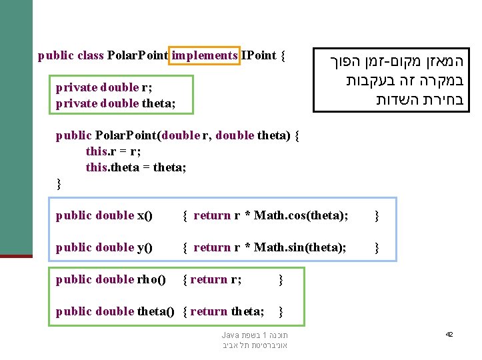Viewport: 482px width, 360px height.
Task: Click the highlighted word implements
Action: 204,56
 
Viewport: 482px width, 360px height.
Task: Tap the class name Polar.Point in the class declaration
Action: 137,56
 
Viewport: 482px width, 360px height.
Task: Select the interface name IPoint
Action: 259,56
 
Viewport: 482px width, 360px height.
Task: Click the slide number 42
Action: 449,334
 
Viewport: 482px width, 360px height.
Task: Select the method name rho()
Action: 151,279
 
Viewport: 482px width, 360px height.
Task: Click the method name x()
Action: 145,215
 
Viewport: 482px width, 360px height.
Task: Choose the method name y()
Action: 145,247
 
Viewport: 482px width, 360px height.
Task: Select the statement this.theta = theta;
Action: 136,167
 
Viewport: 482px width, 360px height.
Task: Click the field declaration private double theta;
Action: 116,103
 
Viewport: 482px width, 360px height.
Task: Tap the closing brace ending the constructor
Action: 59,183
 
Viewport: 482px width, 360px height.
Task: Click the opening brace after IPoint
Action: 283,56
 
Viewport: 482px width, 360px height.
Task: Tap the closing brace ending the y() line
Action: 377,247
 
